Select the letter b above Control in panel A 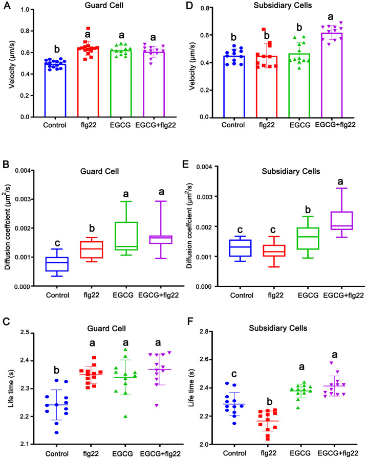click(x=56, y=50)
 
